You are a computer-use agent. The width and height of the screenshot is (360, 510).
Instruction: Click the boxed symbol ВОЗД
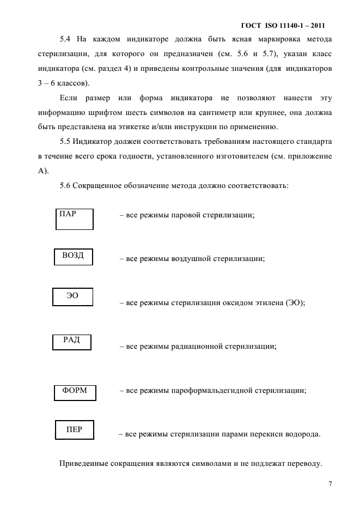74,256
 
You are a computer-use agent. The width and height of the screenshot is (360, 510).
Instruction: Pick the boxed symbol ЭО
72,296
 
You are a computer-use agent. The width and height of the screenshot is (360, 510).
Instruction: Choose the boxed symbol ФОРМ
75,391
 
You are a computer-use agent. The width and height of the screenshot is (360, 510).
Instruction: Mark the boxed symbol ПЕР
74,430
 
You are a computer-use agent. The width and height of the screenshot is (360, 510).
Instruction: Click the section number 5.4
66,40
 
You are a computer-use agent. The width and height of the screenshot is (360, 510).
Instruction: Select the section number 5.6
66,185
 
